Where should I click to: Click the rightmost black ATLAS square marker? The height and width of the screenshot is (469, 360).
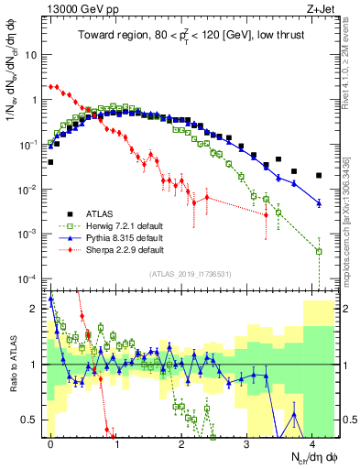pos(319,175)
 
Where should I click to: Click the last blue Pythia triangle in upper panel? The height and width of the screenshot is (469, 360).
pos(319,202)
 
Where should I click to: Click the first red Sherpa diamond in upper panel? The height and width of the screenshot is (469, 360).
pos(50,86)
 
